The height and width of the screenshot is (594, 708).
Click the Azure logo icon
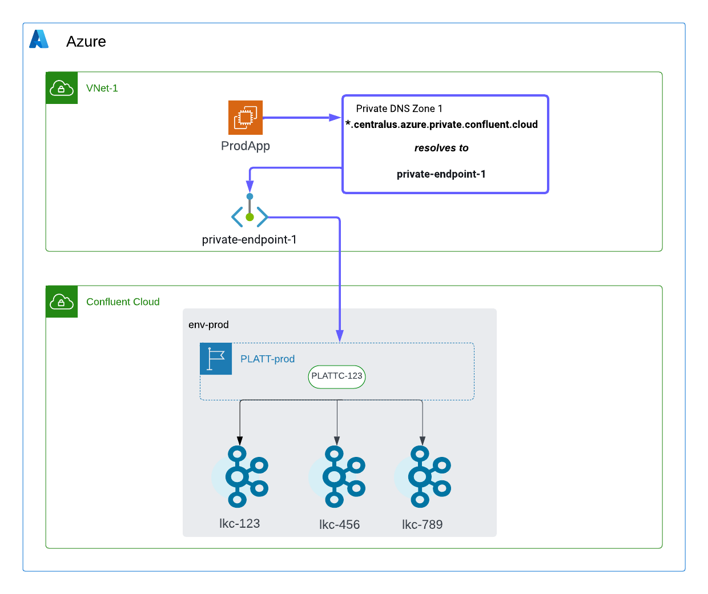click(x=39, y=39)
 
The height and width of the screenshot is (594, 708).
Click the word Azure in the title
click(x=86, y=42)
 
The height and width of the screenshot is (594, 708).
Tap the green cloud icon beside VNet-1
click(x=62, y=88)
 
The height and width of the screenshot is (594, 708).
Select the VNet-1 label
click(x=102, y=88)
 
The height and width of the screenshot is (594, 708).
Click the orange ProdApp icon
click(x=246, y=118)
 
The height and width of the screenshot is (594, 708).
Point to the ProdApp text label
click(x=246, y=146)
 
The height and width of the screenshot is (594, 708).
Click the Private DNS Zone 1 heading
click(x=399, y=109)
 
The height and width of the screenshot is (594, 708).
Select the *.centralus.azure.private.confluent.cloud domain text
click(x=441, y=125)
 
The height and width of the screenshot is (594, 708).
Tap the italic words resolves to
click(x=441, y=148)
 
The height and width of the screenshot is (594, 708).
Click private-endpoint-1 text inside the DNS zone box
click(x=441, y=174)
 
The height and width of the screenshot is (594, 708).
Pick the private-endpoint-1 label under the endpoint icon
click(x=250, y=240)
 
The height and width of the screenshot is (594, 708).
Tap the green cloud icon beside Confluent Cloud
click(x=62, y=302)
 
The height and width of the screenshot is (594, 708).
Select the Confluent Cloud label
click(x=123, y=302)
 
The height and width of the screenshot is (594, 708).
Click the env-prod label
click(x=208, y=325)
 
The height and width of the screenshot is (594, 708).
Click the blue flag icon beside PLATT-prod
click(x=216, y=359)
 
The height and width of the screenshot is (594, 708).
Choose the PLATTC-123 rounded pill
click(x=337, y=376)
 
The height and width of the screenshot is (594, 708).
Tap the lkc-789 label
click(x=423, y=524)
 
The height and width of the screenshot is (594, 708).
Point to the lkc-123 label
click(x=240, y=523)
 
